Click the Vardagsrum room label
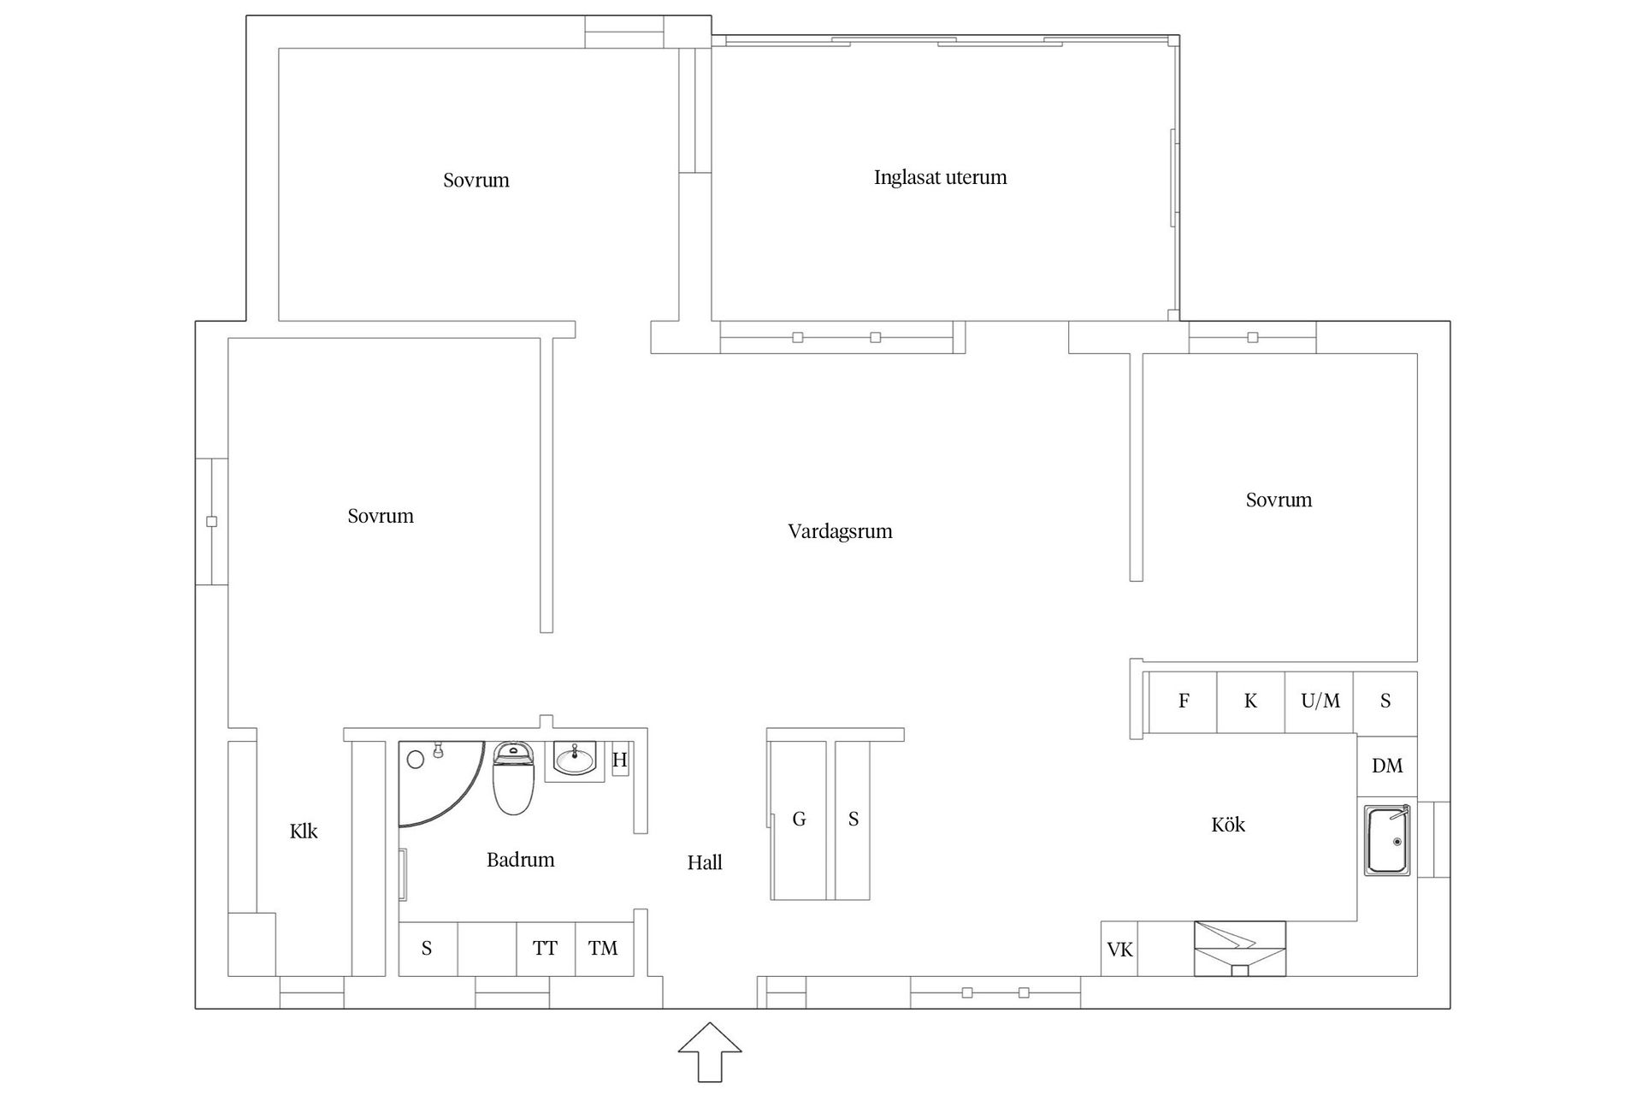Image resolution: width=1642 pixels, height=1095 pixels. click(840, 532)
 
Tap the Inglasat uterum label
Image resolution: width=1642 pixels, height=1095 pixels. click(940, 178)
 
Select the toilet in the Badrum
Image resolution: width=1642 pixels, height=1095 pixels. click(513, 778)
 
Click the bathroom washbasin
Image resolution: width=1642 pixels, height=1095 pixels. click(575, 759)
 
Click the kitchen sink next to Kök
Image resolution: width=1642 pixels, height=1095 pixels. click(1386, 840)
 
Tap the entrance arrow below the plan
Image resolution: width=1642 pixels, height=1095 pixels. click(710, 1051)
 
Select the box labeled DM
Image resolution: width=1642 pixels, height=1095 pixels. click(1387, 766)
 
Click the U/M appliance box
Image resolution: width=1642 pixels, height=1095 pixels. click(1320, 701)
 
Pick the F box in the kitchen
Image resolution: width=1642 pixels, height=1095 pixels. click(1184, 701)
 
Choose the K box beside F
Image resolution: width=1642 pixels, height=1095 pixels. click(1251, 701)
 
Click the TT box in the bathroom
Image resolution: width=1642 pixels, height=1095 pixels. click(546, 949)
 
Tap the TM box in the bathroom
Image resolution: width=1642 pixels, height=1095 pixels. click(604, 949)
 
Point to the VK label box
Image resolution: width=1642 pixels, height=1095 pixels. click(1119, 949)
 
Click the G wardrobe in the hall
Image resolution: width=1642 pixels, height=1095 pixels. click(799, 820)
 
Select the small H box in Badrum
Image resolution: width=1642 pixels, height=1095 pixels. click(620, 760)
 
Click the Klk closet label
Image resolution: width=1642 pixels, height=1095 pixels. click(304, 832)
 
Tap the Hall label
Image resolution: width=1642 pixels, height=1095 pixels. click(705, 863)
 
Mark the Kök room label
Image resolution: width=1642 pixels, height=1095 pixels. click(1228, 825)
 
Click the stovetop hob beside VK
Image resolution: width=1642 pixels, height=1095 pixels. click(1240, 949)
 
